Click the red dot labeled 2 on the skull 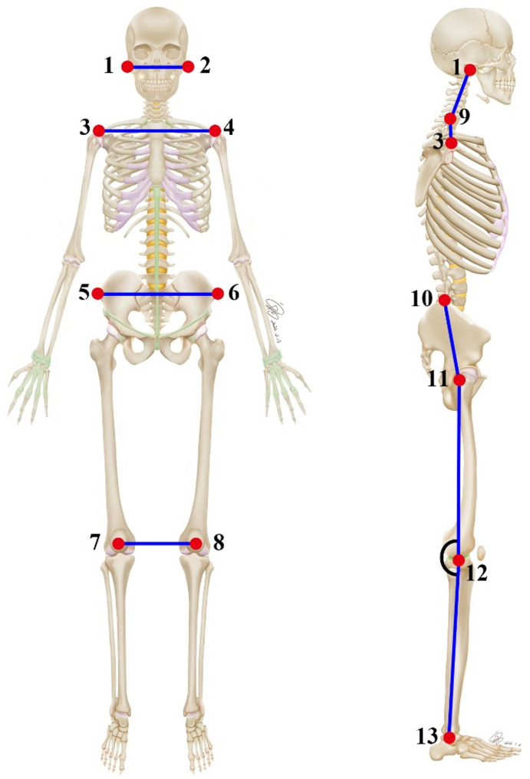tap(188, 67)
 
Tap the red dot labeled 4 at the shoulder tap(215, 131)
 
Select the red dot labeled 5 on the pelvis tap(97, 293)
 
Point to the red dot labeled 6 tap(217, 293)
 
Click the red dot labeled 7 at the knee tap(118, 544)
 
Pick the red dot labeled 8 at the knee tap(196, 544)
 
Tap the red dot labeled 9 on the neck tap(451, 118)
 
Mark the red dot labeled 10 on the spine tap(443, 300)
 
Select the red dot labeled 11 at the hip tap(459, 380)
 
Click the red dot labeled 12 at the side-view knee tap(458, 560)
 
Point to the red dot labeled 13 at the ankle tap(449, 738)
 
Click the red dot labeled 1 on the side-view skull tap(469, 70)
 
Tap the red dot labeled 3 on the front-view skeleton tap(98, 131)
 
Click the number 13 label tap(426, 737)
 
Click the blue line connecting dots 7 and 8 tap(157, 544)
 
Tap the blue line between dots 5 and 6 tap(157, 293)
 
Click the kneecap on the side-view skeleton tap(482, 552)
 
